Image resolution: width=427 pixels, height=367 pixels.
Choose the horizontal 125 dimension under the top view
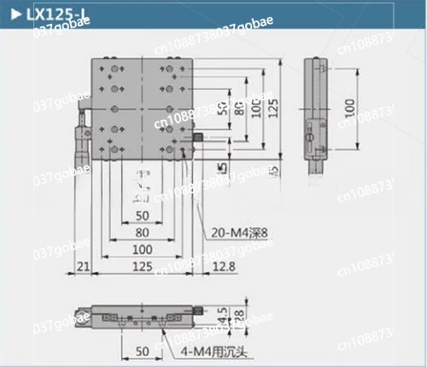(x=143, y=268)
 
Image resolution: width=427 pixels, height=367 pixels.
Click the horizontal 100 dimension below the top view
(x=143, y=250)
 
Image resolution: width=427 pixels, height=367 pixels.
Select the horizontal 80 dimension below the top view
(x=143, y=231)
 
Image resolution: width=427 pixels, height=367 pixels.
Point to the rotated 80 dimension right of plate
(x=240, y=111)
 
